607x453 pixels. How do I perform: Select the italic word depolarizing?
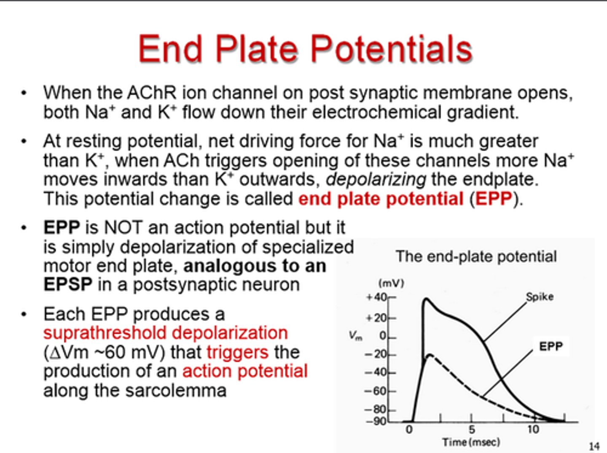376,180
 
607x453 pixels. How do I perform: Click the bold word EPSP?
68,285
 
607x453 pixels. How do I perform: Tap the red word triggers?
237,352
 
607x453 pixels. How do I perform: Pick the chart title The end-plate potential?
476,256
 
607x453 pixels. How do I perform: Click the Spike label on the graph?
540,297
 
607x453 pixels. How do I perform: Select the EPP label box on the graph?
551,346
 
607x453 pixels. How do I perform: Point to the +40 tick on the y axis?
376,297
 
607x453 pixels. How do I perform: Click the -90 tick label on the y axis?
376,421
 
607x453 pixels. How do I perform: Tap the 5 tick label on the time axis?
471,429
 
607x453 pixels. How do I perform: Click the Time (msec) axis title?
471,442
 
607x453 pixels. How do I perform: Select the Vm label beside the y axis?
355,336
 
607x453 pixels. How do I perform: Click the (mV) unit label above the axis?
391,283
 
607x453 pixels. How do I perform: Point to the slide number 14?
594,446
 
